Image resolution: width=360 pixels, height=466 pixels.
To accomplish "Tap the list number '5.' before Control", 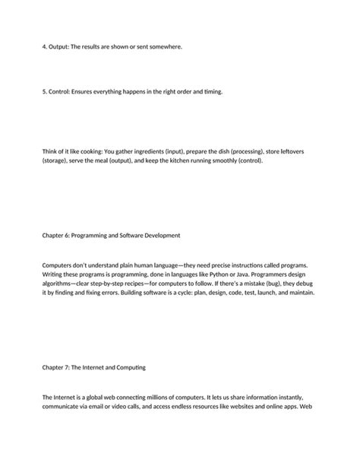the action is coord(45,92).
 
